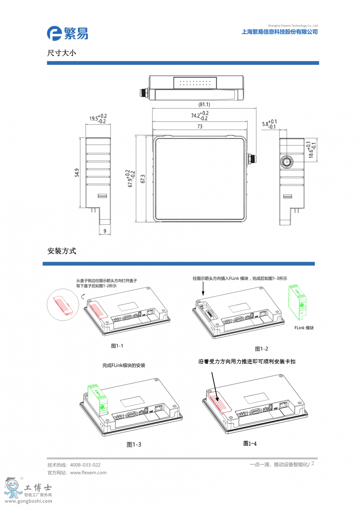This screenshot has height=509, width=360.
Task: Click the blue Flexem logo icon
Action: coord(55,33)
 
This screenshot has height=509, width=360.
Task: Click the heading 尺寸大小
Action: coord(61,53)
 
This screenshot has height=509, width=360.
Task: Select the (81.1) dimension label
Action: coord(204,104)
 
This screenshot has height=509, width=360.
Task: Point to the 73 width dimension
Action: coord(200,126)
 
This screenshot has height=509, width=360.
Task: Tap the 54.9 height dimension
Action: coord(78,172)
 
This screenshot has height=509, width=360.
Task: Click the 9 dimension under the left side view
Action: coord(105,231)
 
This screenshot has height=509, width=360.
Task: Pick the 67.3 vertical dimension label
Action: coord(143,178)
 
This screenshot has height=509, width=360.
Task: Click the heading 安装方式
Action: coord(62,251)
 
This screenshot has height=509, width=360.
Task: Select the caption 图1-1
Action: coord(117,346)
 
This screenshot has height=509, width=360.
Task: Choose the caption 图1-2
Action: coord(262,349)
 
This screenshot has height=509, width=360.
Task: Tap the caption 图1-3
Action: coord(134,445)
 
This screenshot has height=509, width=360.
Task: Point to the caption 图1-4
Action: coord(250,443)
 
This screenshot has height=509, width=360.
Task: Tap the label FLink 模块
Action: coord(304,328)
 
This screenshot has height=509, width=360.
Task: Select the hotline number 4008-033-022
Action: coord(85,465)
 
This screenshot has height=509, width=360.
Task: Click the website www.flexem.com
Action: coord(88,473)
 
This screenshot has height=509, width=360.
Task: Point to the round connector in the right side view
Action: coord(286,162)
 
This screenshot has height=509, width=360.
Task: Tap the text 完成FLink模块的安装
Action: coord(124,365)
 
